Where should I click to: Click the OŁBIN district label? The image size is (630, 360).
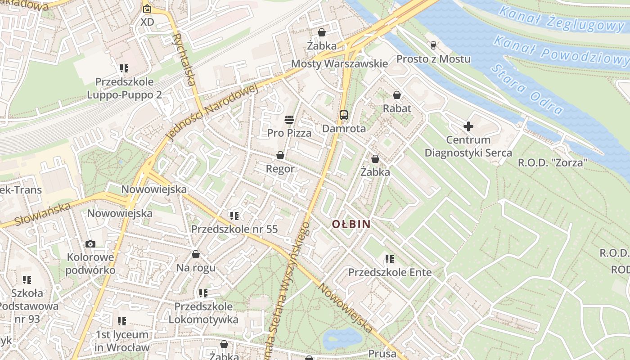351,224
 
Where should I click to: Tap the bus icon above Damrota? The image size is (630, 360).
344,115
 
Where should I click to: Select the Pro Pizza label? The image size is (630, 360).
289,133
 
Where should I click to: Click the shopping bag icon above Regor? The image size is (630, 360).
280,155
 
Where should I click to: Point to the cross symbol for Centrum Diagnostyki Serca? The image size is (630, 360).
468,126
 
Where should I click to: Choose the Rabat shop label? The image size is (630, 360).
397,108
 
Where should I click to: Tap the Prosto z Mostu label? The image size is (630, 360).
433,59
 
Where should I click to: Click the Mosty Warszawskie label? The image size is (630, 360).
339,63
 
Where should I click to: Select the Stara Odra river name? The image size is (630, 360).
526,89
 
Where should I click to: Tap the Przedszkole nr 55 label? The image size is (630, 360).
234,229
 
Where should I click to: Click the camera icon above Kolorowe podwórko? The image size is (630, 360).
90,244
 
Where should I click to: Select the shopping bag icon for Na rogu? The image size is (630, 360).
195,255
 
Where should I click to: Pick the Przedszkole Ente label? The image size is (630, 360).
390,272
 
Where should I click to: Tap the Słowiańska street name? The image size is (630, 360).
43,214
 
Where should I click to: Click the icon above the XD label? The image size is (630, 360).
147,9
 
